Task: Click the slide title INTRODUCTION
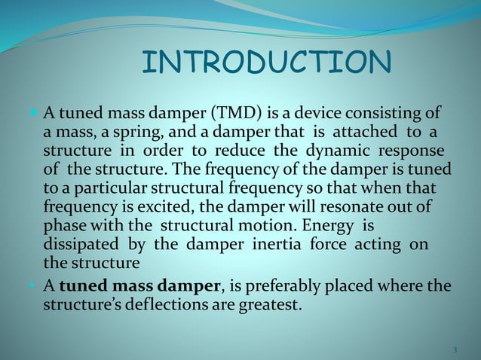click(x=266, y=63)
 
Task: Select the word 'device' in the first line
click(x=314, y=114)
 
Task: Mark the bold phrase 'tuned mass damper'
click(x=139, y=287)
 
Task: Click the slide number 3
click(x=455, y=349)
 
